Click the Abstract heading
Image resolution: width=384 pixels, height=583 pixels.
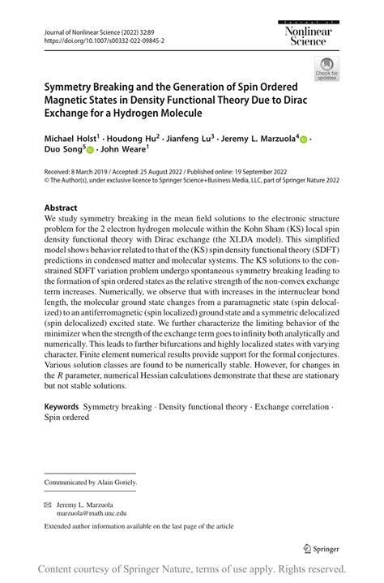[x=62, y=208]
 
